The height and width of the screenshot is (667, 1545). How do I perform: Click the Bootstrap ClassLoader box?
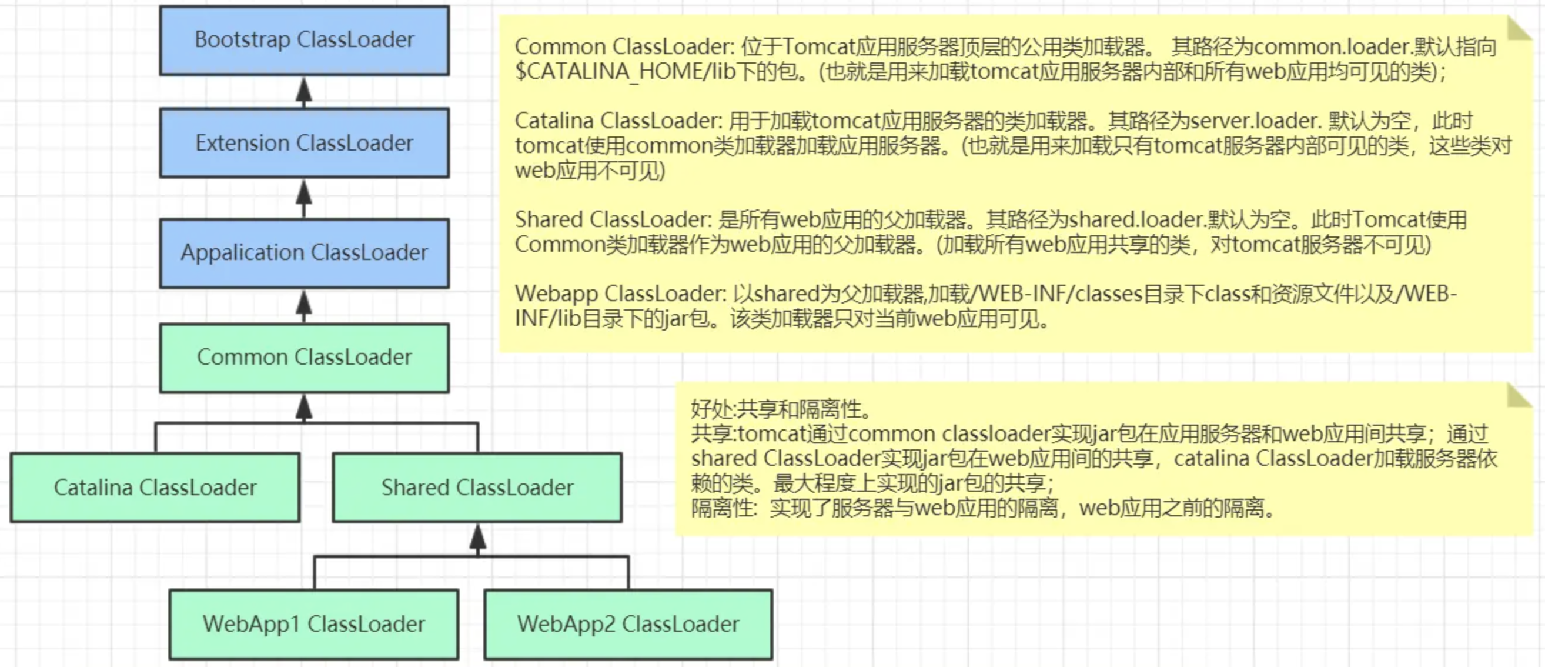[x=304, y=40]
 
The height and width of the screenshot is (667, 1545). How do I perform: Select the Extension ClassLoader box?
[x=304, y=144]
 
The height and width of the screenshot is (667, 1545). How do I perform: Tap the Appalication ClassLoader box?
[x=304, y=252]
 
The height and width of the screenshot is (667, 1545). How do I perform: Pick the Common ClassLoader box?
[x=304, y=358]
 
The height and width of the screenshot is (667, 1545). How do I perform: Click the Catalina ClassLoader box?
[x=155, y=488]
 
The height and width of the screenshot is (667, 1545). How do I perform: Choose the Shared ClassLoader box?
[x=477, y=488]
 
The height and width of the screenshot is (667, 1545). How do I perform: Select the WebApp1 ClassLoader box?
[x=314, y=625]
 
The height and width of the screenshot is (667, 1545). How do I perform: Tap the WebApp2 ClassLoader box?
[x=628, y=625]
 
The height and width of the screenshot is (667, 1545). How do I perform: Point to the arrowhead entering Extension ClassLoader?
[x=304, y=192]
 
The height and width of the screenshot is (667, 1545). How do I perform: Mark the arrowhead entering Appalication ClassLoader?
[x=304, y=303]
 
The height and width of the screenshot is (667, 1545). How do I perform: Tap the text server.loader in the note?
[x=1253, y=121]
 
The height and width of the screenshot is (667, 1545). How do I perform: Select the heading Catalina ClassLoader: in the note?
[x=618, y=121]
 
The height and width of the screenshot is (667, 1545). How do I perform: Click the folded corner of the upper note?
[x=1519, y=29]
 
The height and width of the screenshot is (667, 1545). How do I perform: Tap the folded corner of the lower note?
[x=1519, y=396]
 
